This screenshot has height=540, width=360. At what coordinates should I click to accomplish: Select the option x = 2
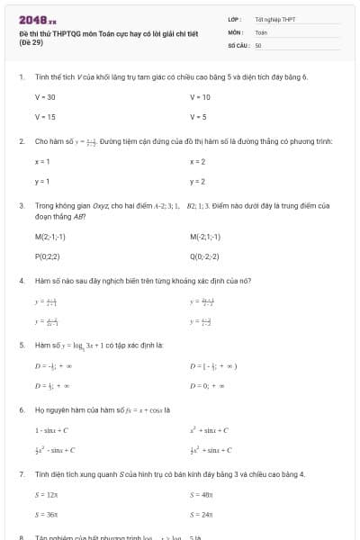coord(198,161)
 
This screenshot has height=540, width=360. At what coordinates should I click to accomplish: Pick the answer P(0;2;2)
coord(49,256)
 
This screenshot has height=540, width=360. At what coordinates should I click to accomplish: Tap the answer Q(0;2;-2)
coord(206,256)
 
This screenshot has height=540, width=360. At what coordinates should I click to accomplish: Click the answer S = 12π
coord(47,494)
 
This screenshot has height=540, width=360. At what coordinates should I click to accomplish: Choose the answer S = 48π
coord(202,494)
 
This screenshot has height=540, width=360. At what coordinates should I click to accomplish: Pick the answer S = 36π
coord(47,515)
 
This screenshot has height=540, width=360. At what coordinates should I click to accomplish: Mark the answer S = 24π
coord(202,515)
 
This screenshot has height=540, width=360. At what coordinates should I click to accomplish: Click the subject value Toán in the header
coord(261,31)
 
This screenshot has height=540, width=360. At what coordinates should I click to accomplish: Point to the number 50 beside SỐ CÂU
coord(258,44)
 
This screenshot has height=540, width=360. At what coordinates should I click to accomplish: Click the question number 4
coord(21,280)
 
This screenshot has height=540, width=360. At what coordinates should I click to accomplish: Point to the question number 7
coord(21,473)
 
